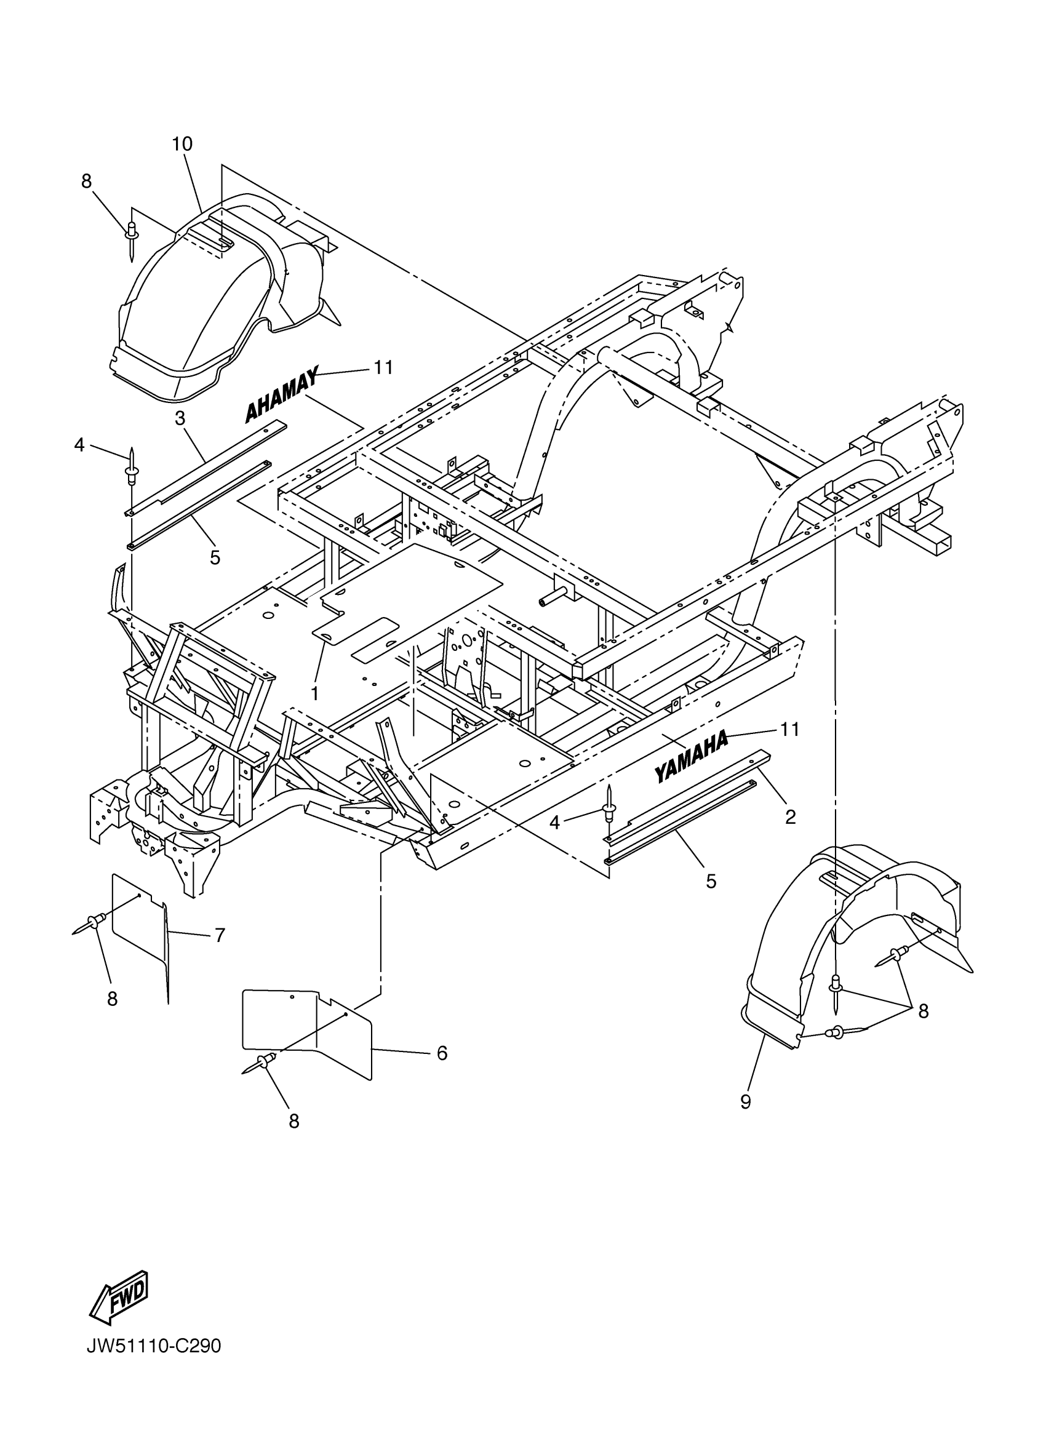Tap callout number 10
[182, 144]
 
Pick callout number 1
[314, 693]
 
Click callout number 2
[790, 817]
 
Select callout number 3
[180, 418]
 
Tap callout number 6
[442, 1053]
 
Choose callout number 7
[220, 935]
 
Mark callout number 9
[746, 1101]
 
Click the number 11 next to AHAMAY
[383, 367]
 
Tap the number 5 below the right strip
[711, 881]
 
